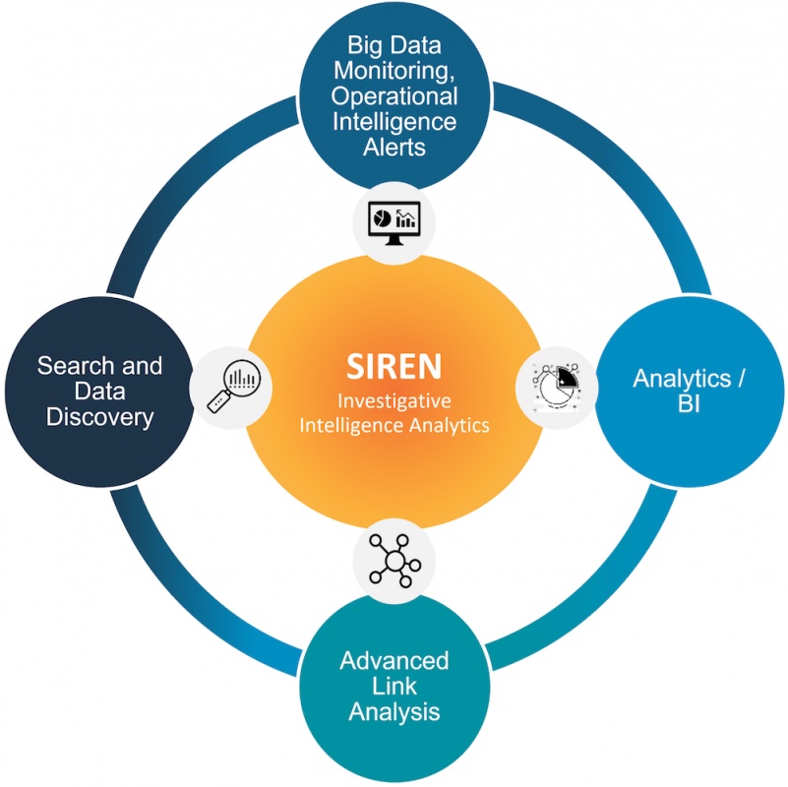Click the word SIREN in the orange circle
point(394,366)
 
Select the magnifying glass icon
point(231,388)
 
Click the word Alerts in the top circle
point(394,148)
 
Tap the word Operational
point(394,96)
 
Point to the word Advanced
point(394,659)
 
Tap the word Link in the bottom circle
point(394,685)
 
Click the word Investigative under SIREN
point(394,401)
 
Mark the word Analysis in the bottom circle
point(394,710)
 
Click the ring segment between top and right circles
point(610,157)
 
